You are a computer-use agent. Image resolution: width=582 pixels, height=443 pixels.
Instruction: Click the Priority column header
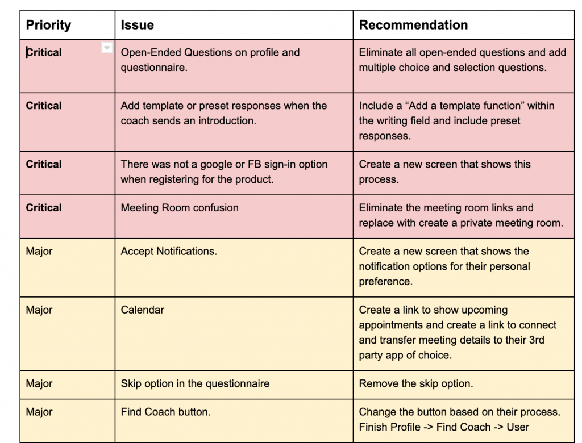pyautogui.click(x=48, y=25)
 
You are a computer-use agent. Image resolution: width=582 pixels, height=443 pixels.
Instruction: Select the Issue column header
pyautogui.click(x=137, y=25)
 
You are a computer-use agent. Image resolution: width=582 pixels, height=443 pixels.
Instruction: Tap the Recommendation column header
pyautogui.click(x=413, y=25)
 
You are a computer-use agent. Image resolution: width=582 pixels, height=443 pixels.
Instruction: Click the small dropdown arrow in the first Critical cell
pyautogui.click(x=106, y=48)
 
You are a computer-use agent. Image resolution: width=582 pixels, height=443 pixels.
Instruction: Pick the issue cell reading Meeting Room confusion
pyautogui.click(x=180, y=208)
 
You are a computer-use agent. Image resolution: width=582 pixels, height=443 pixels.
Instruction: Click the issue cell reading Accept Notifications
pyautogui.click(x=169, y=251)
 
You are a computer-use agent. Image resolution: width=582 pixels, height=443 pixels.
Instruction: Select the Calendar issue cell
pyautogui.click(x=143, y=310)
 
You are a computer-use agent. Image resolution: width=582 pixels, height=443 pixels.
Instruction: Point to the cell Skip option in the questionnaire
pyautogui.click(x=195, y=383)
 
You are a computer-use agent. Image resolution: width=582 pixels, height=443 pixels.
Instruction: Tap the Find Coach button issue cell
pyautogui.click(x=165, y=412)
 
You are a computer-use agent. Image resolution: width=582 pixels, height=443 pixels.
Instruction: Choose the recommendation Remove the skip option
pyautogui.click(x=415, y=383)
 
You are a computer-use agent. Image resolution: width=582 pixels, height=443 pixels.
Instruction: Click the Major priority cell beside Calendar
pyautogui.click(x=39, y=310)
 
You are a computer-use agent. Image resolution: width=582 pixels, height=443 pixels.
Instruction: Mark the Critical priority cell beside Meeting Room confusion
pyautogui.click(x=44, y=208)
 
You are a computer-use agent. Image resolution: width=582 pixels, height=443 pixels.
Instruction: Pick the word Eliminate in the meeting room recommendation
pyautogui.click(x=380, y=208)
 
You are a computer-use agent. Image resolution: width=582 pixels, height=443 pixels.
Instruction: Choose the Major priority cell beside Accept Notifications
pyautogui.click(x=39, y=251)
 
